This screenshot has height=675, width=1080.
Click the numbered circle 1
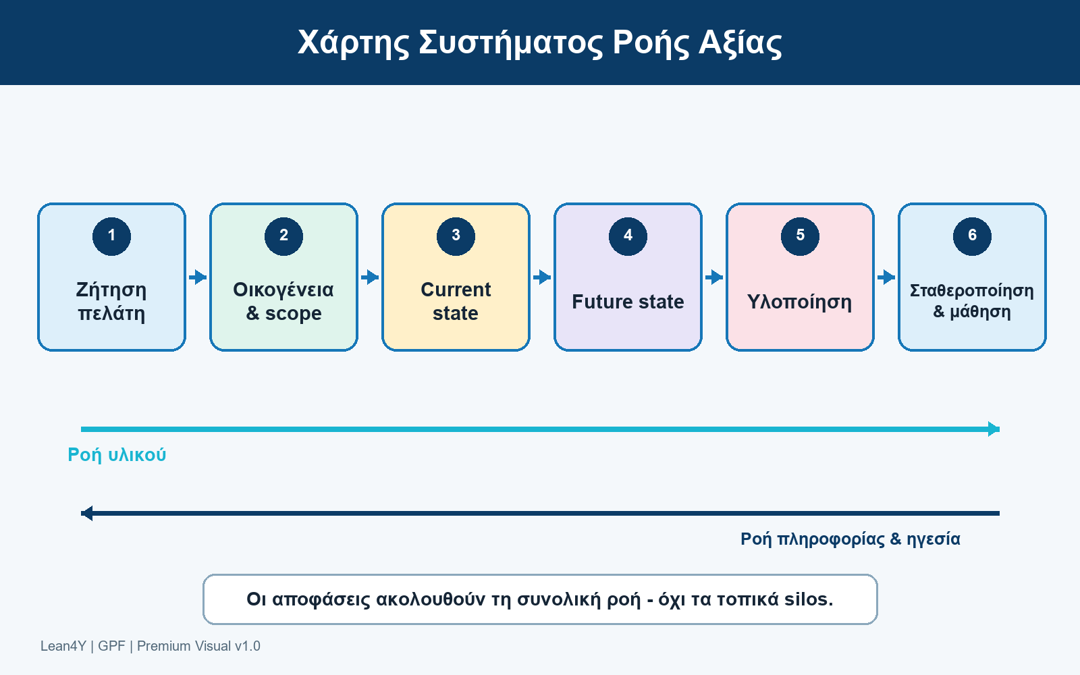(x=111, y=236)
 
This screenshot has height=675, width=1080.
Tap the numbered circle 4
(x=628, y=236)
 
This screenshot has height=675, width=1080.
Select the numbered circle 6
(x=972, y=236)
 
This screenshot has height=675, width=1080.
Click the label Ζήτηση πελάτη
(x=111, y=301)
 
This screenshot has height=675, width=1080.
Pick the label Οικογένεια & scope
(x=283, y=301)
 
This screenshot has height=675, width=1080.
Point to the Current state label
(x=456, y=301)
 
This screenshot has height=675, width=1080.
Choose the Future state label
(x=628, y=302)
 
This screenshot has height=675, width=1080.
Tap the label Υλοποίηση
(x=800, y=302)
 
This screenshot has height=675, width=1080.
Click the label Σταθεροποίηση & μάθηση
(x=972, y=301)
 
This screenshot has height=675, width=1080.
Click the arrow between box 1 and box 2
(x=198, y=277)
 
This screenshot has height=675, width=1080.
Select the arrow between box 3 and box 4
(x=542, y=277)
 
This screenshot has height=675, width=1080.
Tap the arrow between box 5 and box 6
(x=886, y=277)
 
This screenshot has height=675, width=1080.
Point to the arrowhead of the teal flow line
(x=994, y=429)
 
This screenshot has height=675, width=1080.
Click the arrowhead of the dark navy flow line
(x=87, y=514)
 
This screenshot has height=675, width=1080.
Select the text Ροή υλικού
(x=117, y=455)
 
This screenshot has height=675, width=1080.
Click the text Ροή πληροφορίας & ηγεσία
(x=850, y=539)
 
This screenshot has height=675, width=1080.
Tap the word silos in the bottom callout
(x=809, y=599)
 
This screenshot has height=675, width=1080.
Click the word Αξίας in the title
(x=740, y=43)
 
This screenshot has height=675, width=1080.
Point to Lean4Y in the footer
(x=63, y=646)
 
